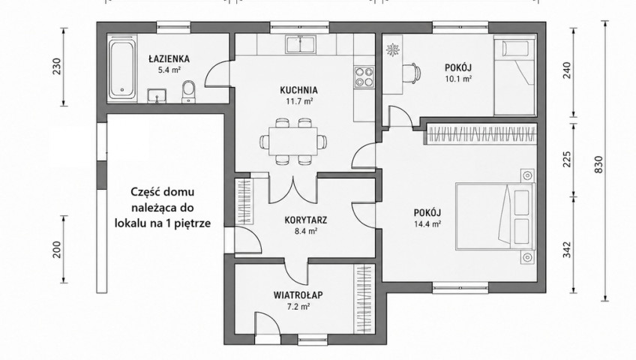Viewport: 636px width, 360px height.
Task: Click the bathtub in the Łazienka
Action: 123,68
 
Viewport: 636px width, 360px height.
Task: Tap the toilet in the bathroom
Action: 188,91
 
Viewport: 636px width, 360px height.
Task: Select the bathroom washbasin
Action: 157,96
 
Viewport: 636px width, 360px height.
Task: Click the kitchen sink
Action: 301,44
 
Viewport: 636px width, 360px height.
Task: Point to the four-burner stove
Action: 364,77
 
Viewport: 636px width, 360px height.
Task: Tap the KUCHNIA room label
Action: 299,91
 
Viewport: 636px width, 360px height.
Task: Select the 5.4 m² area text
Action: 169,70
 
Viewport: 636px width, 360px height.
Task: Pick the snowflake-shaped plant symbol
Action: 393,50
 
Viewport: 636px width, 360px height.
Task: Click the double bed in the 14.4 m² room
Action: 494,214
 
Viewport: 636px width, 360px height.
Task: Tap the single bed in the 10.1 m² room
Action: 514,76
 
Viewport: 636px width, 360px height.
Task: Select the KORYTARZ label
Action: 306,220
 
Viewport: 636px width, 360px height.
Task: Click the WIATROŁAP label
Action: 298,295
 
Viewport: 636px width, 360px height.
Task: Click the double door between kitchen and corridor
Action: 292,190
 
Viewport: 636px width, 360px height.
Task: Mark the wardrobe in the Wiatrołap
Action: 363,299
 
